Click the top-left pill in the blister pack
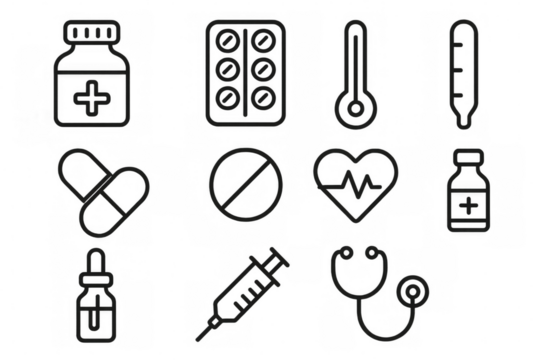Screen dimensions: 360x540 click(x=227, y=43)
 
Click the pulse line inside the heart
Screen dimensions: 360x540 click(x=356, y=185)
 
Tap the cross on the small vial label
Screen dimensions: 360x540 click(x=468, y=207)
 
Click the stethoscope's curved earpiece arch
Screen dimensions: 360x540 click(x=355, y=262)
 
